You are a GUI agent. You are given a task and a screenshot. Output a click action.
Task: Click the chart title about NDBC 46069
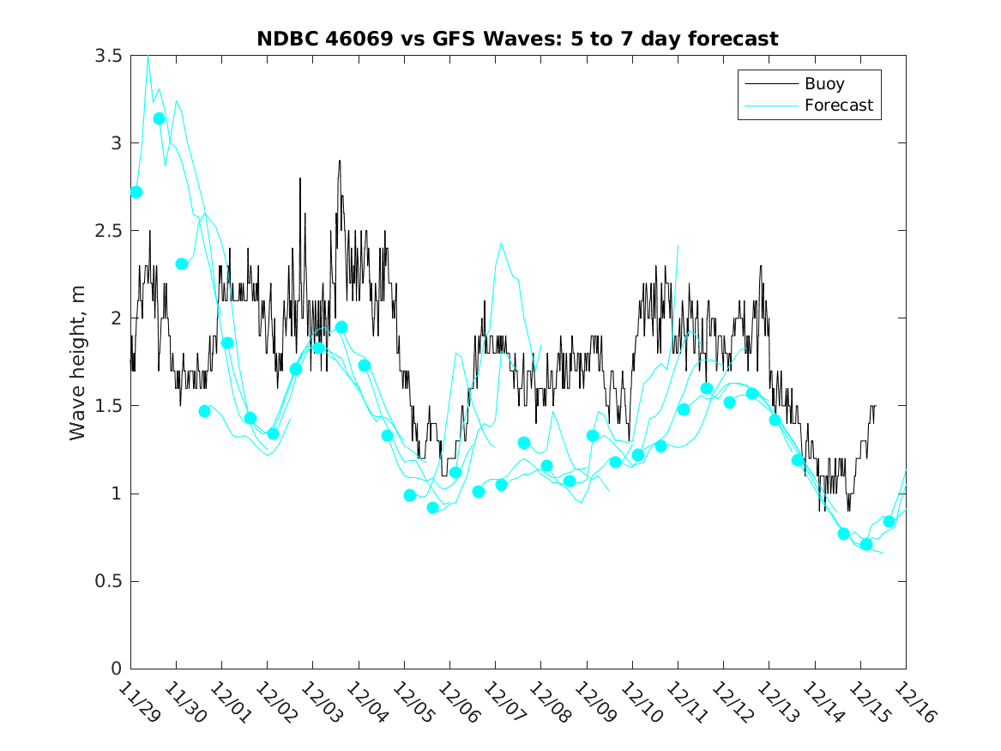coord(517,39)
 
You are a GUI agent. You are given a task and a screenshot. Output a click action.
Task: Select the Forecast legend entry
coord(838,106)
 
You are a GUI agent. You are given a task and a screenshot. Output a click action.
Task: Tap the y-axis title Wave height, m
coord(78,362)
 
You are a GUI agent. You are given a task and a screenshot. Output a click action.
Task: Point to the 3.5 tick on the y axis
coord(109,55)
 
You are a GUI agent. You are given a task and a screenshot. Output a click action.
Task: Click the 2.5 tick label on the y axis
coord(109,230)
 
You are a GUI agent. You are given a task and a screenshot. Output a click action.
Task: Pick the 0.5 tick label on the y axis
coord(109,581)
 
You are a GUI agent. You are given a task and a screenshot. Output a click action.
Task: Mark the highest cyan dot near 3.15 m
coord(159,118)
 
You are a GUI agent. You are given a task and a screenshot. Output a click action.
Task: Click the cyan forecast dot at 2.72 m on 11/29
coord(136,192)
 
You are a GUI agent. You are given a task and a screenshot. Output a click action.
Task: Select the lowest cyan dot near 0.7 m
coord(866,544)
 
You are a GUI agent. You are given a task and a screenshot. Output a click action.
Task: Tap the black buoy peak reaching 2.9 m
coord(340,161)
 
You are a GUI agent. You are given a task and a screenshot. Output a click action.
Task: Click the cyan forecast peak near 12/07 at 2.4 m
coord(501,243)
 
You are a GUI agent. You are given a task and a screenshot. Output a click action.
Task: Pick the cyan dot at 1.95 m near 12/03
coord(341,327)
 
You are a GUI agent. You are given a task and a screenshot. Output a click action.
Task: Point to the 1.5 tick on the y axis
coord(109,406)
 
